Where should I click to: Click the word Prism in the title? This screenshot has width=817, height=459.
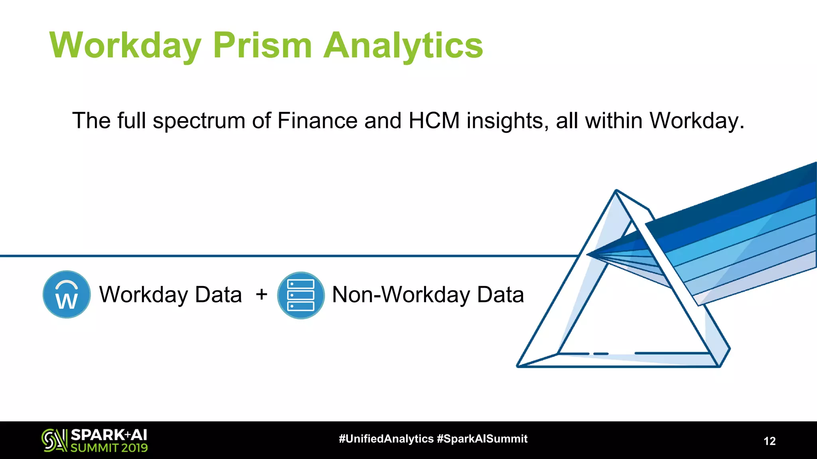click(x=262, y=45)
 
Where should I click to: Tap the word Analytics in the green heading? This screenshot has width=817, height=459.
click(x=403, y=45)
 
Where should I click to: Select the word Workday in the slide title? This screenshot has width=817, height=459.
click(x=125, y=45)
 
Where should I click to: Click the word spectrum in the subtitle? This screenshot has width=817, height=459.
click(x=199, y=121)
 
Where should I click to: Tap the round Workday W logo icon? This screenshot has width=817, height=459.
click(x=67, y=294)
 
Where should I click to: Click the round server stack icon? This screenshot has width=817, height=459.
click(x=301, y=295)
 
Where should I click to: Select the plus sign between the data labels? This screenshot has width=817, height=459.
click(x=262, y=294)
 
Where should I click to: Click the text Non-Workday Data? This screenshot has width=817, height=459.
click(x=428, y=295)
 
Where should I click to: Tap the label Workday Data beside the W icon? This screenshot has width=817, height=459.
click(x=170, y=295)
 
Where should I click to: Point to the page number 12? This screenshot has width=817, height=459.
click(x=770, y=441)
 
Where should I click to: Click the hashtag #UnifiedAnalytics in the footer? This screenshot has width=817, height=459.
click(x=386, y=439)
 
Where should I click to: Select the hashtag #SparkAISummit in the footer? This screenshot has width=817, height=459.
click(x=482, y=439)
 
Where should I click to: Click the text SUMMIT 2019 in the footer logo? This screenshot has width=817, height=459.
click(x=109, y=448)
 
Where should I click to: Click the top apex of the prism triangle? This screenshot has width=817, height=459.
click(x=616, y=191)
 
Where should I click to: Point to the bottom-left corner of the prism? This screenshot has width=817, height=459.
click(x=518, y=365)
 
